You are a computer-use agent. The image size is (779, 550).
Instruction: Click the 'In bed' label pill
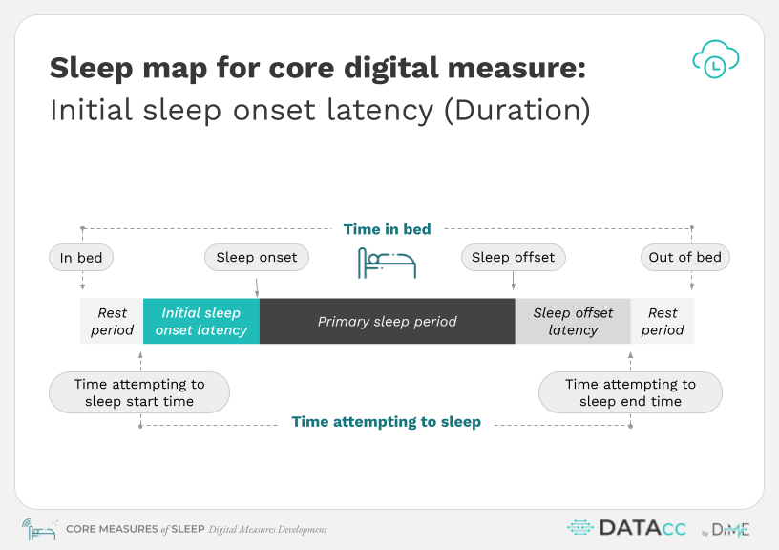tap(81, 258)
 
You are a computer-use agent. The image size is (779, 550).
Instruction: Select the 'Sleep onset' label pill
tap(257, 257)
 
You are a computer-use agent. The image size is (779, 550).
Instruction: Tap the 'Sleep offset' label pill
tap(514, 257)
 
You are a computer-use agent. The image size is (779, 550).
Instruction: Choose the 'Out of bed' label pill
tap(685, 257)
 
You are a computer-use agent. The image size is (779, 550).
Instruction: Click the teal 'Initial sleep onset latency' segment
tap(201, 321)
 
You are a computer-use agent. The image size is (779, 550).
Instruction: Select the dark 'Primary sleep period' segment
tap(387, 321)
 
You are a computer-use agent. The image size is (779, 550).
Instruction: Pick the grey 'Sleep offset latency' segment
tap(573, 321)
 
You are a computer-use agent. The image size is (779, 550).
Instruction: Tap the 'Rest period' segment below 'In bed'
tap(112, 321)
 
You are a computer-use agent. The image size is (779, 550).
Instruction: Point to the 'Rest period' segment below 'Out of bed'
tap(663, 321)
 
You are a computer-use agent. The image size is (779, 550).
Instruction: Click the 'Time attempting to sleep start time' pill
tap(139, 392)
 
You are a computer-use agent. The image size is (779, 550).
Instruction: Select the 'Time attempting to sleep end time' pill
tap(630, 392)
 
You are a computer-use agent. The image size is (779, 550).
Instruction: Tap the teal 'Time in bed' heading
tap(387, 229)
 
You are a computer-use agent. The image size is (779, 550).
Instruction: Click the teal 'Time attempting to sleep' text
tap(386, 422)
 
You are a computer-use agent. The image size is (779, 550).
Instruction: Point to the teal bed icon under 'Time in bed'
tap(387, 263)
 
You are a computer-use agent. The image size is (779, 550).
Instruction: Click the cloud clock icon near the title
tap(716, 59)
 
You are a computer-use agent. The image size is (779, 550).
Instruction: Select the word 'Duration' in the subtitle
tap(517, 110)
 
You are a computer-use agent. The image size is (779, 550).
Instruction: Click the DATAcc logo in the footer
tap(627, 528)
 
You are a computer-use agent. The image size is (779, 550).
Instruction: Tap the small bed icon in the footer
tap(39, 530)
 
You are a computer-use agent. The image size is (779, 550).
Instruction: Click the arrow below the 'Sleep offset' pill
tap(514, 280)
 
